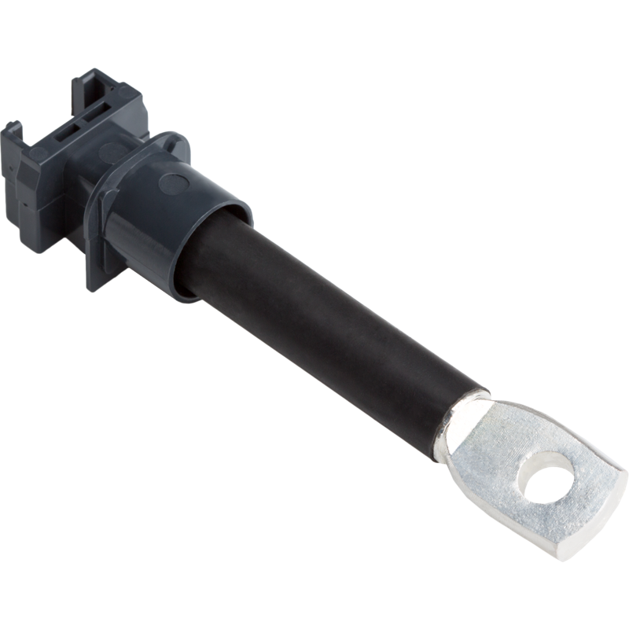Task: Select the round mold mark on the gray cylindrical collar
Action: tap(173, 184)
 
